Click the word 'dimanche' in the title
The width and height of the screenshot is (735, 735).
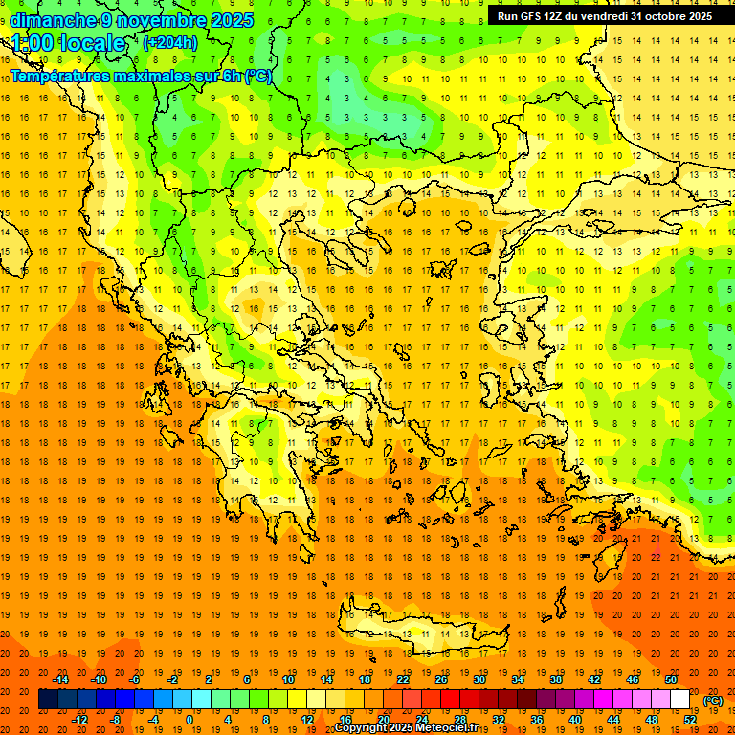[52, 20]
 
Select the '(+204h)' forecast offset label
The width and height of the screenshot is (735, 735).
[169, 42]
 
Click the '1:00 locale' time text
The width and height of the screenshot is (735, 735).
[69, 43]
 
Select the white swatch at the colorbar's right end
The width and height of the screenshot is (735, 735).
[680, 700]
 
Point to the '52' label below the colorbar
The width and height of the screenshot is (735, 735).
[690, 720]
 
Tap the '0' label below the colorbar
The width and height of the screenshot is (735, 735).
[189, 720]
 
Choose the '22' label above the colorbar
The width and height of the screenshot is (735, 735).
[403, 679]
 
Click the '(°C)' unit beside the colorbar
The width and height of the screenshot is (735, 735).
[713, 701]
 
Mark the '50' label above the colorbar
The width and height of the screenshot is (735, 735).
[671, 679]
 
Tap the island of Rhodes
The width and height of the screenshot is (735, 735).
[611, 555]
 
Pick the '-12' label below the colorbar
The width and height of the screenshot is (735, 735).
[80, 720]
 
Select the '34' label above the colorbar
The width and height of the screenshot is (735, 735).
[518, 679]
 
